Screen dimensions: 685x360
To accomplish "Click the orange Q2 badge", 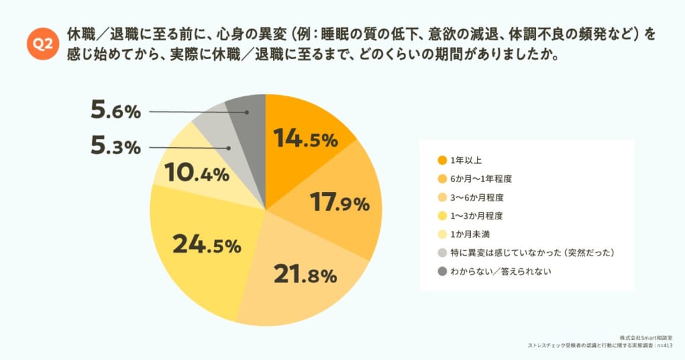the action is pos(42,43).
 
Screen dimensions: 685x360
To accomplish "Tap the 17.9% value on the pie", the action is pos(339,202).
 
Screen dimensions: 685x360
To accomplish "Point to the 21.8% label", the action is pos(305,274).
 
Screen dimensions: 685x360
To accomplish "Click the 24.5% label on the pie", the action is pos(207,244).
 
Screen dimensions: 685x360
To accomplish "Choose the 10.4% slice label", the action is pos(197,173).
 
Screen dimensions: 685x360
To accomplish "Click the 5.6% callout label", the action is pos(116,110).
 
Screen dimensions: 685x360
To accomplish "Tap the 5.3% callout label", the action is pos(116,146).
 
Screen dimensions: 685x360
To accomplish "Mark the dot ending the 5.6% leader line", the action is pos(247,112).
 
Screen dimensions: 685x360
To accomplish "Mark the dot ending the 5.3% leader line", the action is pos(229,148).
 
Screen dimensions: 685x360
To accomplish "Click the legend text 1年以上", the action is pos(466,161).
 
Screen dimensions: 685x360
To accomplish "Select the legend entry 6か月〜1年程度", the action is pos(481,179).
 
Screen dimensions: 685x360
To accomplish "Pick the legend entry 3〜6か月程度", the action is pos(477,197).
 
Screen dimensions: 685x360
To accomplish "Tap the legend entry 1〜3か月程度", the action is pos(476,216).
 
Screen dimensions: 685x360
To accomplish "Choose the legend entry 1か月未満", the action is pos(470,234).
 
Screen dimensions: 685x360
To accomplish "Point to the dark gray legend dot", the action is pos(442,271).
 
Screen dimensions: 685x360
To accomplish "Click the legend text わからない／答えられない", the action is pos(500,271).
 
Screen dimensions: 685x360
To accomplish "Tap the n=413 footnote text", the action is pos(665,345).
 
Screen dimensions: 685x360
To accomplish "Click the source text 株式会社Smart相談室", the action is pos(646,338).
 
